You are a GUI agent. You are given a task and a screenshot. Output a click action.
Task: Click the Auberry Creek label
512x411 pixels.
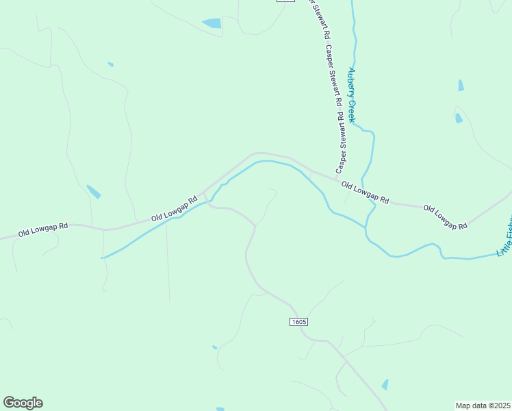(352, 95)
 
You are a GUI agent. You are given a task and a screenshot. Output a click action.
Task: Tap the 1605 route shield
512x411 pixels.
(298, 321)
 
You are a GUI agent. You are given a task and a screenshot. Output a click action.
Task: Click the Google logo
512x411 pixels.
(23, 403)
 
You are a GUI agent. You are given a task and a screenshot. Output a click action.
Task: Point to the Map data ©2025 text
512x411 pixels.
(483, 405)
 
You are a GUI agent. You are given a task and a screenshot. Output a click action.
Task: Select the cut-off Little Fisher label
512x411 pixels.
(505, 237)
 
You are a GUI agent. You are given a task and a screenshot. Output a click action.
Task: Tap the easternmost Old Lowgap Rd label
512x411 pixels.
(445, 216)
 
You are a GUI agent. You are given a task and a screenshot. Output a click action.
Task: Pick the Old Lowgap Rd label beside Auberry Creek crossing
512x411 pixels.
(365, 192)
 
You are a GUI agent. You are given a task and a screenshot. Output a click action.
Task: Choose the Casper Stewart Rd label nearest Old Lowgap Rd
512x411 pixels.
(340, 140)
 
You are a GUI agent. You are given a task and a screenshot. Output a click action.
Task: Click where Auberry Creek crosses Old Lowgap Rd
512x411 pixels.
(370, 197)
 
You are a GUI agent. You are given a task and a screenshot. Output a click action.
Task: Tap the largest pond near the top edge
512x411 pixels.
(212, 23)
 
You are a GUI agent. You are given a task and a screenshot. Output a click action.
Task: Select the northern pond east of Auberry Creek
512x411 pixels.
(461, 86)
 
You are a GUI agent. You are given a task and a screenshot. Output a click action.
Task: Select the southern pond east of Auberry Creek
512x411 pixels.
(459, 118)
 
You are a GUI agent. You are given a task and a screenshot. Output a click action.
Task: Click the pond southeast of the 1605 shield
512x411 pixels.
(385, 385)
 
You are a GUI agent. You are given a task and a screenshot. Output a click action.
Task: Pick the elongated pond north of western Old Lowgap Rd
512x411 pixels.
(94, 192)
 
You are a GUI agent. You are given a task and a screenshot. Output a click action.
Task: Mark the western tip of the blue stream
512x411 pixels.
(103, 258)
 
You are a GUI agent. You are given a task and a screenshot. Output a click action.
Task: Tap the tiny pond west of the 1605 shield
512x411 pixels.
(215, 347)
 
